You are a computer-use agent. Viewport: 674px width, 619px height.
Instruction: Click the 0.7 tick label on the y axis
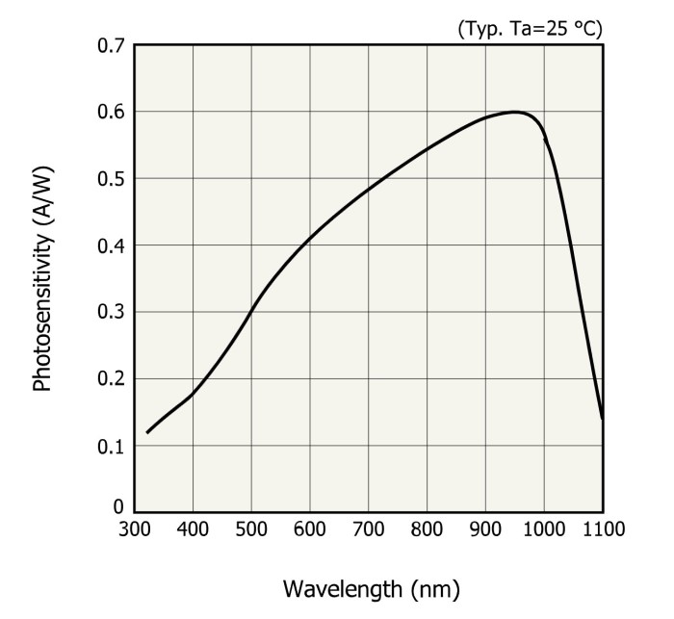[x=110, y=45]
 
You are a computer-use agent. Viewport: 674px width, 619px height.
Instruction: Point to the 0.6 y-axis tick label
[x=110, y=112]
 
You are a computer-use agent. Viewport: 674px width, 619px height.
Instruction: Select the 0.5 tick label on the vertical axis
[x=110, y=179]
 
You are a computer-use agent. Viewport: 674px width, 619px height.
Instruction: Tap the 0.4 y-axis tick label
[x=110, y=245]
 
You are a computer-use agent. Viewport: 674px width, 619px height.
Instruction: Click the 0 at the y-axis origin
[x=117, y=506]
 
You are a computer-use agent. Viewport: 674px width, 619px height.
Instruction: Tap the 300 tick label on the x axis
[x=134, y=529]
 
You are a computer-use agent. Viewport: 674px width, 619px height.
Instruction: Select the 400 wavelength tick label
[x=193, y=529]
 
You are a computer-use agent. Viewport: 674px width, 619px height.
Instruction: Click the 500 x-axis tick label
[x=251, y=529]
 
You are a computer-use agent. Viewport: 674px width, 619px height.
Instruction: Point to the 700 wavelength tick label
[x=368, y=529]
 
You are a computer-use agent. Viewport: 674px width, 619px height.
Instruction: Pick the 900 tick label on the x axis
[x=485, y=529]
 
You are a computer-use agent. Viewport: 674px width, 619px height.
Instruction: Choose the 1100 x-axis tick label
[x=603, y=529]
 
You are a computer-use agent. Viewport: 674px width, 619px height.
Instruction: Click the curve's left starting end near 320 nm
[x=147, y=432]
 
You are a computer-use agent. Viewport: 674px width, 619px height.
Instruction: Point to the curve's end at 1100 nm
[x=602, y=418]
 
